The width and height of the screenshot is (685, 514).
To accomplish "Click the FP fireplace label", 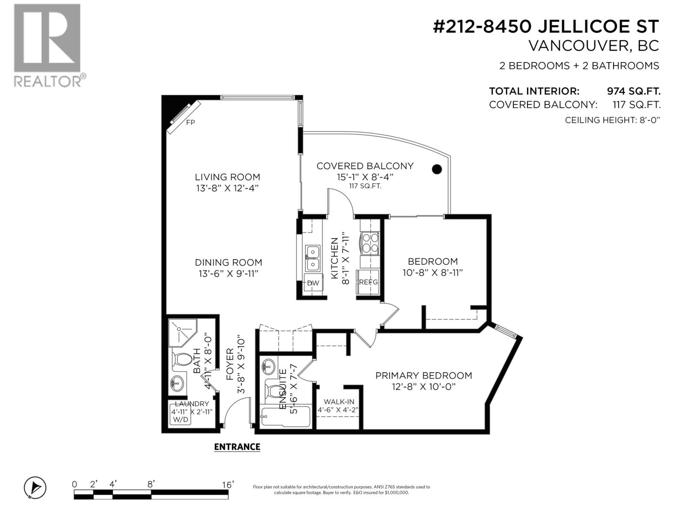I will (x=191, y=123).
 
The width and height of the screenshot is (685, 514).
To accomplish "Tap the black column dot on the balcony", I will (x=436, y=169).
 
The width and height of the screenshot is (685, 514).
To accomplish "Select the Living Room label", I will (x=227, y=177).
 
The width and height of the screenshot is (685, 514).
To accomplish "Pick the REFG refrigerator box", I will (x=369, y=282).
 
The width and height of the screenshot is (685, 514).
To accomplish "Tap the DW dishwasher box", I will (x=313, y=283).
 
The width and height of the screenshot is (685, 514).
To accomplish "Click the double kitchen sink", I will (x=313, y=258).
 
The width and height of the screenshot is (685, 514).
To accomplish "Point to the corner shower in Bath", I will (x=181, y=333).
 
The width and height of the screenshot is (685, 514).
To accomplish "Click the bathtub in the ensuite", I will (x=284, y=417).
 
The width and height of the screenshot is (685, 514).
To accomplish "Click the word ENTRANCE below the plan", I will (x=237, y=447).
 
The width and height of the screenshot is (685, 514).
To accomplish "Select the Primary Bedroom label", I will (x=423, y=376).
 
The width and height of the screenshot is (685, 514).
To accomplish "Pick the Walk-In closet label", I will (x=339, y=402).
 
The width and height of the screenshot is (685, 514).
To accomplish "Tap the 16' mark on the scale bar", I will (x=228, y=484).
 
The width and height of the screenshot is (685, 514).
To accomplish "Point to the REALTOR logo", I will (x=48, y=45).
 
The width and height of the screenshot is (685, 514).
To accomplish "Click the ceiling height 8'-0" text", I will (x=612, y=120).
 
